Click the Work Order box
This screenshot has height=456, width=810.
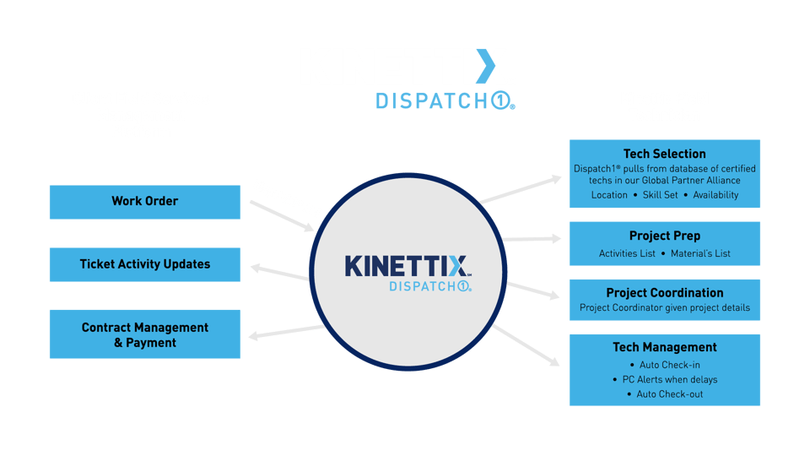pos(144,202)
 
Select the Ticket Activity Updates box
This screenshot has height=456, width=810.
pos(144,264)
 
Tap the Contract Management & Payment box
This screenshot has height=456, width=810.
pos(144,334)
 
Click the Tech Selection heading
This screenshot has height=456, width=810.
pos(664,154)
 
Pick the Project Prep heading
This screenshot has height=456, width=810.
pos(664,236)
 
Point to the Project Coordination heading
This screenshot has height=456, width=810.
pos(664,292)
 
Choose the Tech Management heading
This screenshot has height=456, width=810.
pos(664,347)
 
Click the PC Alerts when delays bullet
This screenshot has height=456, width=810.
pos(665,380)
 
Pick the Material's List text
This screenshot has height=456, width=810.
pos(699,253)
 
